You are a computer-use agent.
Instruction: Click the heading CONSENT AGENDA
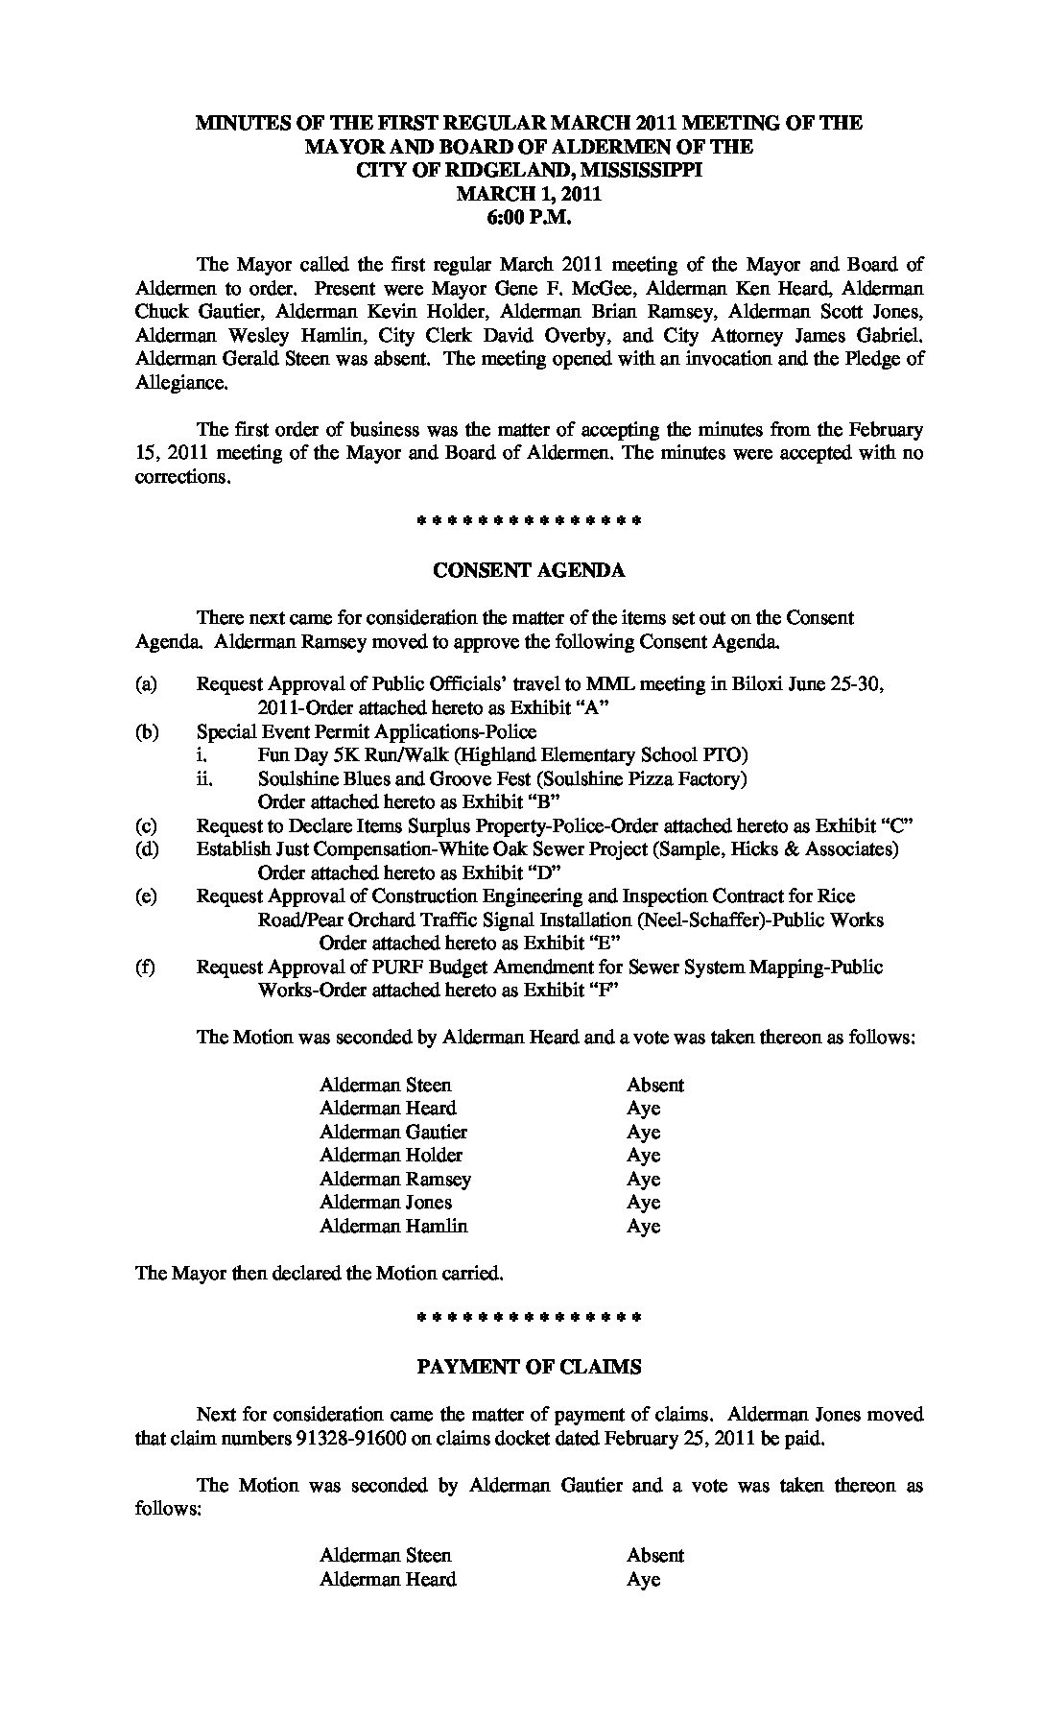pyautogui.click(x=529, y=570)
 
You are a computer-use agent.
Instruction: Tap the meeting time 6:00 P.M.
pyautogui.click(x=529, y=218)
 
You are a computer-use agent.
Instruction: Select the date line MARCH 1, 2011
pyautogui.click(x=529, y=194)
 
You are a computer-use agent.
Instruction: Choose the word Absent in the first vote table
pyautogui.click(x=655, y=1086)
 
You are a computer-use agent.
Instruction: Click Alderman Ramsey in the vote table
pyautogui.click(x=395, y=1180)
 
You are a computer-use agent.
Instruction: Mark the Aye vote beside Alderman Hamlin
pyautogui.click(x=644, y=1227)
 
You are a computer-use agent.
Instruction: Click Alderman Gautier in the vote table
pyautogui.click(x=393, y=1133)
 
